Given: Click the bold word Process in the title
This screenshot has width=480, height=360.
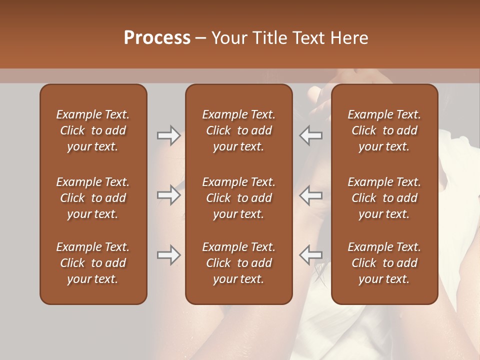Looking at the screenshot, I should coord(157,38).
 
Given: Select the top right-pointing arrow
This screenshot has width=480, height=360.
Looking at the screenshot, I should coord(168,135).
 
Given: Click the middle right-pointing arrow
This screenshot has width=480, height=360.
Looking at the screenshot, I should coord(168,195).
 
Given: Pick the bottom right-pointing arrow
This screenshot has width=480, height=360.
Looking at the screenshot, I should coord(168,255).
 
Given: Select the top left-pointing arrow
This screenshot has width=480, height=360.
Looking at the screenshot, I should coord(310,135).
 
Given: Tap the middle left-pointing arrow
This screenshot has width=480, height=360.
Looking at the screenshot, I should coord(310,195).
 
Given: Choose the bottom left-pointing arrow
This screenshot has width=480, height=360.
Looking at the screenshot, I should coord(310,255).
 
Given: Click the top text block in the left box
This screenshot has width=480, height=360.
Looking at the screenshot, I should coord(93,130).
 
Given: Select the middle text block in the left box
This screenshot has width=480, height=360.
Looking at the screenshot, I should coord(93,198).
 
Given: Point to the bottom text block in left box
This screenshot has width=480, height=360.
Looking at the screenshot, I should coord(93,263).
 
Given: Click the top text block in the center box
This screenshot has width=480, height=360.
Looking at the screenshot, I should coord(238,130).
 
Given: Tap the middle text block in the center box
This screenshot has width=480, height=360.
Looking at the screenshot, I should coord(238,198).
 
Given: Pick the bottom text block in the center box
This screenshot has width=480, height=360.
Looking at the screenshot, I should coord(238,263).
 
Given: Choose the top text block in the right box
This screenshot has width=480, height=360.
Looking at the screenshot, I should coord(384,130).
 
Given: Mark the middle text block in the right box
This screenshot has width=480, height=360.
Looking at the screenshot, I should coord(384,198).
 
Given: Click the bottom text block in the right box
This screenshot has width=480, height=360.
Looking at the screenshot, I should coord(384,263).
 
